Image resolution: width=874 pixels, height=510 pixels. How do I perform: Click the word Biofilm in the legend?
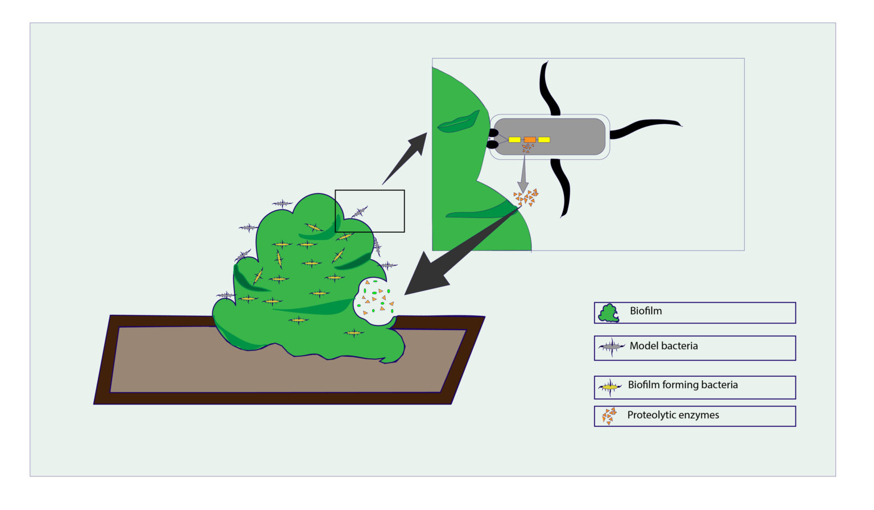tap(645, 311)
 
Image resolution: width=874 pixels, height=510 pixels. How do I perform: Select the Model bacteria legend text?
tap(663, 346)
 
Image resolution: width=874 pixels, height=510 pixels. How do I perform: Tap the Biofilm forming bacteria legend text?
tap(682, 385)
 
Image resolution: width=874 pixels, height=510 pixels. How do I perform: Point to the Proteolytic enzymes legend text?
tap(673, 416)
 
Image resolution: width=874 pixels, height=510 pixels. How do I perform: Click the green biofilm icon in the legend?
tap(608, 313)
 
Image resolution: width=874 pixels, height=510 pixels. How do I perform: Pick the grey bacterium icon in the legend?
tap(611, 347)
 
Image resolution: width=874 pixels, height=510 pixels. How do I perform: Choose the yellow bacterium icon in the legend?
tap(610, 388)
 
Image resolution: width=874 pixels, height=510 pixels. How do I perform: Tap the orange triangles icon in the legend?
tap(609, 416)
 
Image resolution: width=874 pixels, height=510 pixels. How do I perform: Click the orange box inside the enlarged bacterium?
tap(530, 139)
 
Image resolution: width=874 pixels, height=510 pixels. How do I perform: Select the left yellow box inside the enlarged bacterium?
tap(514, 139)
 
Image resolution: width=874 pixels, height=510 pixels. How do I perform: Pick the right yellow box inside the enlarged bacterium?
tap(544, 139)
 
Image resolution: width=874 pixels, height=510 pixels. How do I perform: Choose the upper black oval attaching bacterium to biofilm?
tap(493, 133)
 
